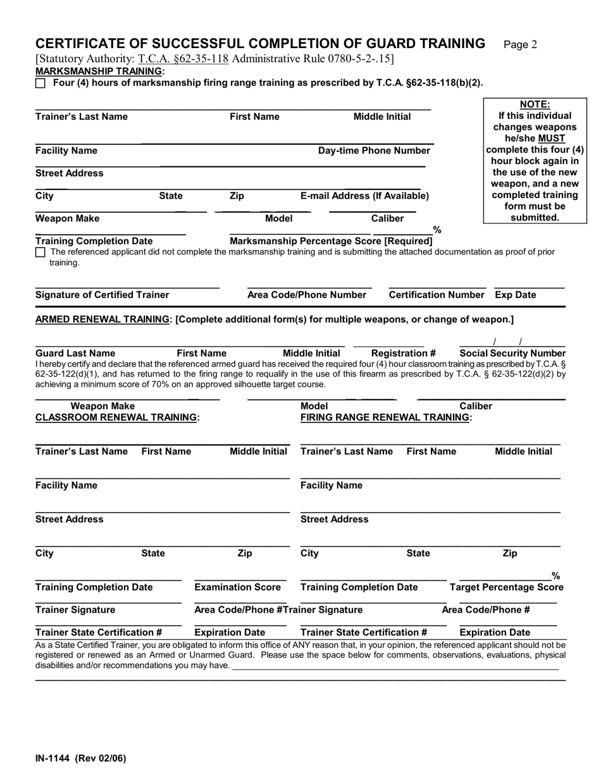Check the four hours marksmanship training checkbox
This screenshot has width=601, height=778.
(40, 83)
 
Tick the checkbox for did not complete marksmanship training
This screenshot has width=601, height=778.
(40, 252)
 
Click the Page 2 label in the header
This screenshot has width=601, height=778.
(520, 44)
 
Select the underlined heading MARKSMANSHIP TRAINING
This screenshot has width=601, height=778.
(99, 71)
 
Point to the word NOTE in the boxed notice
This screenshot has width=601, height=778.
(535, 104)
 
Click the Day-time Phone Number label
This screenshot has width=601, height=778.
(374, 151)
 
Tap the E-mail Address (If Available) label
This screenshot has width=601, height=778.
(364, 196)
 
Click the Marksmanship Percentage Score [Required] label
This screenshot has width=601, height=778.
(331, 241)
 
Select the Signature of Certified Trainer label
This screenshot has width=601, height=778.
(102, 295)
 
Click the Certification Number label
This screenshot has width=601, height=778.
(436, 295)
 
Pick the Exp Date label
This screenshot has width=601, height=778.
(515, 295)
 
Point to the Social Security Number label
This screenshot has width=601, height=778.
(512, 353)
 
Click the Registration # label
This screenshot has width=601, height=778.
(403, 353)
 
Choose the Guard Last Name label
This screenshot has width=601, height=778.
(75, 353)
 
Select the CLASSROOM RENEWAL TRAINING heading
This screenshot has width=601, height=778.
(118, 417)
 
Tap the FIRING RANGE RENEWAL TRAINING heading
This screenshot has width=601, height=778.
(386, 417)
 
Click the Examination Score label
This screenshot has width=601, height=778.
(237, 587)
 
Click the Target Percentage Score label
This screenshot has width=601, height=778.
(506, 587)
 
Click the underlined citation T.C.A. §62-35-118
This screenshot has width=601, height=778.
(183, 60)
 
